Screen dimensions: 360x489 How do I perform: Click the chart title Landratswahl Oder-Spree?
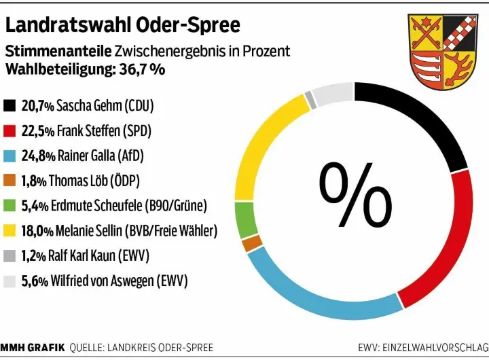tap(123, 25)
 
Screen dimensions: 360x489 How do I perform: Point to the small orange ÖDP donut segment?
tap(252, 242)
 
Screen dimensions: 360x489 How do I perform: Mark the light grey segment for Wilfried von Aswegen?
tap(332, 95)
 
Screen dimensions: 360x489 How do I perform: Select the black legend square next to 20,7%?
tap(10, 106)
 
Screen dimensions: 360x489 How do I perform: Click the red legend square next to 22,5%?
tap(10, 131)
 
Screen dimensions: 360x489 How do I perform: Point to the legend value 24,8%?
tap(39, 156)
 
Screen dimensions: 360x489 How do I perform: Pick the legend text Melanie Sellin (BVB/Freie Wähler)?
tap(137, 231)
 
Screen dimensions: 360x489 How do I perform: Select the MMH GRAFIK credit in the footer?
tap(32, 348)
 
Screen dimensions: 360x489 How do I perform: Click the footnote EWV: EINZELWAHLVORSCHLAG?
tap(422, 348)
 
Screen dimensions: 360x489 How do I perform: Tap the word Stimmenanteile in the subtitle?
tap(58, 52)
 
